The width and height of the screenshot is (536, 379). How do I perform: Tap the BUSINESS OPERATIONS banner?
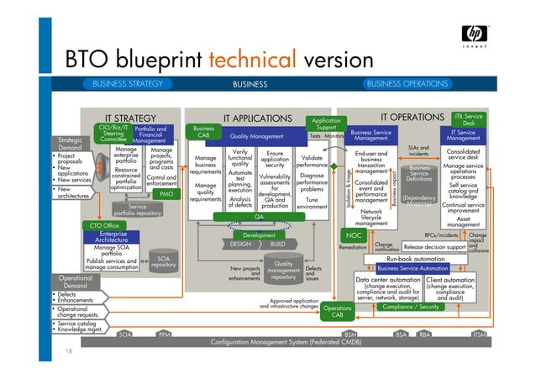pyautogui.click(x=407, y=84)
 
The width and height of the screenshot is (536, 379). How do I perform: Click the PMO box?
pyautogui.click(x=166, y=194)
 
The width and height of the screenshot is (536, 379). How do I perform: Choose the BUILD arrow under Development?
pyautogui.click(x=278, y=244)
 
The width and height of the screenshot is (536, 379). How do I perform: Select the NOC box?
pyautogui.click(x=354, y=235)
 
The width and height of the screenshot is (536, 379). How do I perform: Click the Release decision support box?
pyautogui.click(x=434, y=248)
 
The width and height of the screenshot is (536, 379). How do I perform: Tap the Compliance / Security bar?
pyautogui.click(x=412, y=308)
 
